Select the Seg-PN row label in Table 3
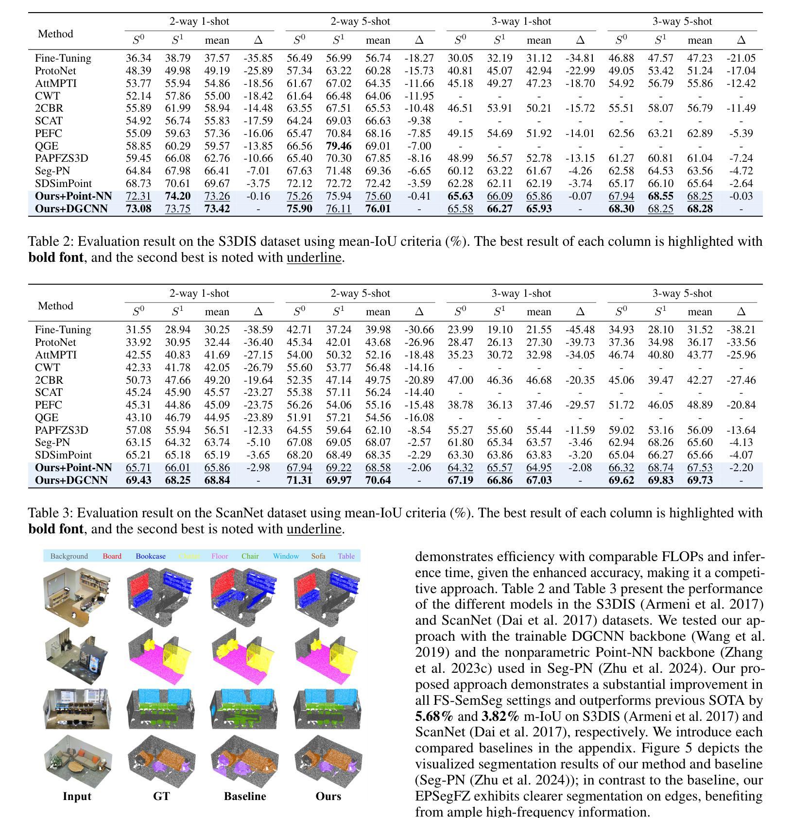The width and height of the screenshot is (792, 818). (52, 443)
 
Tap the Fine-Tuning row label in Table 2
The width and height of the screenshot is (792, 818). (63, 58)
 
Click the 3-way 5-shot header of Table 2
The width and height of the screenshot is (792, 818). (682, 21)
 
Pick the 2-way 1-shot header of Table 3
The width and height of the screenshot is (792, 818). (199, 293)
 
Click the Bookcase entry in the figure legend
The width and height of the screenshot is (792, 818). (151, 556)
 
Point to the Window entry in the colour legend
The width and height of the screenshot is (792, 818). (286, 556)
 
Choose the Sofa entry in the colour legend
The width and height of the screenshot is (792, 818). (318, 556)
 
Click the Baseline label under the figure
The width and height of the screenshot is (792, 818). (245, 796)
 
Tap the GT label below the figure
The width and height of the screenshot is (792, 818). (161, 796)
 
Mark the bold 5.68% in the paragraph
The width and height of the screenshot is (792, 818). (434, 716)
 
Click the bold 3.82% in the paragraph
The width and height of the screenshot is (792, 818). (500, 716)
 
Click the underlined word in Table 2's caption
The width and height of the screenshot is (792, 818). (314, 257)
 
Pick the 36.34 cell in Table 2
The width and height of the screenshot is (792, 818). (138, 58)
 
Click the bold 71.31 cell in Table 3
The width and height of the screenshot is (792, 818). (299, 480)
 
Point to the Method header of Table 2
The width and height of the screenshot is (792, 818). (55, 34)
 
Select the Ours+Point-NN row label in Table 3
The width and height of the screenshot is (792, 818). (73, 468)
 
